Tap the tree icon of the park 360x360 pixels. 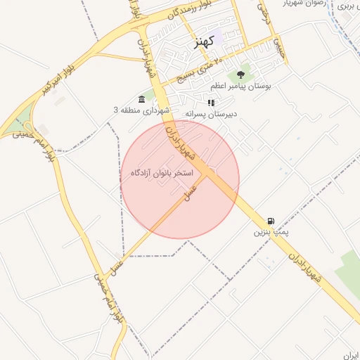point(241,74)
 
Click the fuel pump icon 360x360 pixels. point(271,220)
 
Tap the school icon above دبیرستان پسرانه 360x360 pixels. point(211,102)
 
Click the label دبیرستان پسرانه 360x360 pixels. point(212,113)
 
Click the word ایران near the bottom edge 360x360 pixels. point(349,355)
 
